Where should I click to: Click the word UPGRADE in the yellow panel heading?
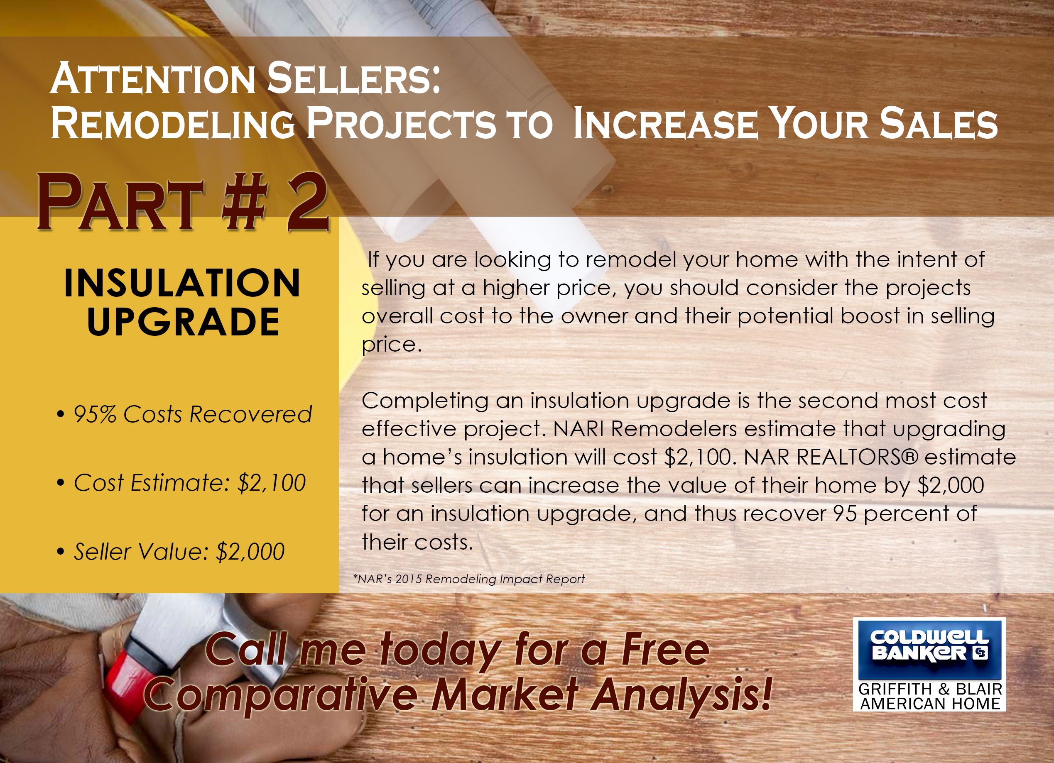click(x=183, y=322)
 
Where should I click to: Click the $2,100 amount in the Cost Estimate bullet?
click(x=272, y=483)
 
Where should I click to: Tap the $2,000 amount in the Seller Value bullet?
click(x=250, y=552)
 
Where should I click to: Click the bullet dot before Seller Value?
click(x=60, y=552)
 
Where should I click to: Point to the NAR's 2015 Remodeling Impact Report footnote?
click(x=469, y=579)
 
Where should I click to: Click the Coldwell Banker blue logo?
click(x=929, y=650)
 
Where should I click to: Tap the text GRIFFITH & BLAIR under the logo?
click(x=930, y=689)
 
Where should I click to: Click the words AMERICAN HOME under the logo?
click(x=930, y=704)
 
